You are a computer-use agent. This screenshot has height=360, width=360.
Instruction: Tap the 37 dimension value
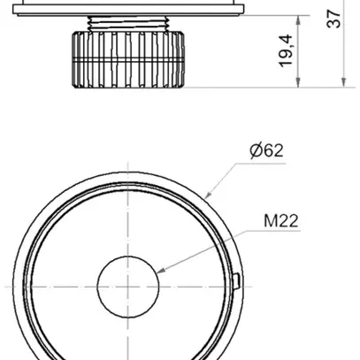click(333, 19)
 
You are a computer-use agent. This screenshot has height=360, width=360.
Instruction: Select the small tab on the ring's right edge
click(241, 281)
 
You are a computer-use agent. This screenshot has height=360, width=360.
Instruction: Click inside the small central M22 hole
click(128, 287)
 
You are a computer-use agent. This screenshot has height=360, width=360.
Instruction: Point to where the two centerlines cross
click(128, 287)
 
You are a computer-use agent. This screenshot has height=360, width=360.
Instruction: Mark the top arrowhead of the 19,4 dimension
click(302, 16)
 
